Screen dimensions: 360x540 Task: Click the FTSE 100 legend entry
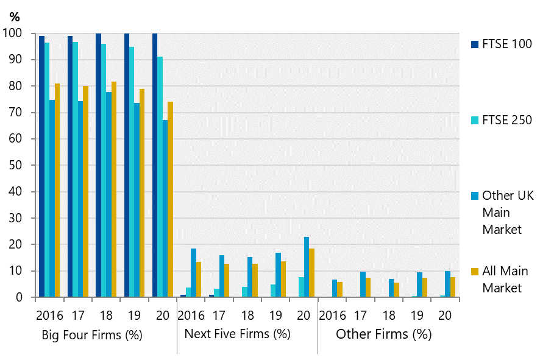point(506,44)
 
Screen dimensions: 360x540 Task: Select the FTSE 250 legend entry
point(506,120)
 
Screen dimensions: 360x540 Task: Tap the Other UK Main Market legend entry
point(506,213)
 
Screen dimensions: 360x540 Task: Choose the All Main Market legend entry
point(505,280)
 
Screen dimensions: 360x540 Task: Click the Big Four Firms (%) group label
point(91,335)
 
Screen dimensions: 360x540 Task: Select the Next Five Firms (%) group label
point(237,334)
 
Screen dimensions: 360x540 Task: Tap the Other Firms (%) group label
point(383,334)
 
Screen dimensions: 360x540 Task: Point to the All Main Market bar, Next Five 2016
point(199,280)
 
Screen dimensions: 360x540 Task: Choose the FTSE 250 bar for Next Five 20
point(300,287)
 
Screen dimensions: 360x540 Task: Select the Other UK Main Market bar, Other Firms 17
point(363,284)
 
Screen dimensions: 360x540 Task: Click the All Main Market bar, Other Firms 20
point(453,287)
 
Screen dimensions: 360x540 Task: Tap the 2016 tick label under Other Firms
point(333,316)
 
